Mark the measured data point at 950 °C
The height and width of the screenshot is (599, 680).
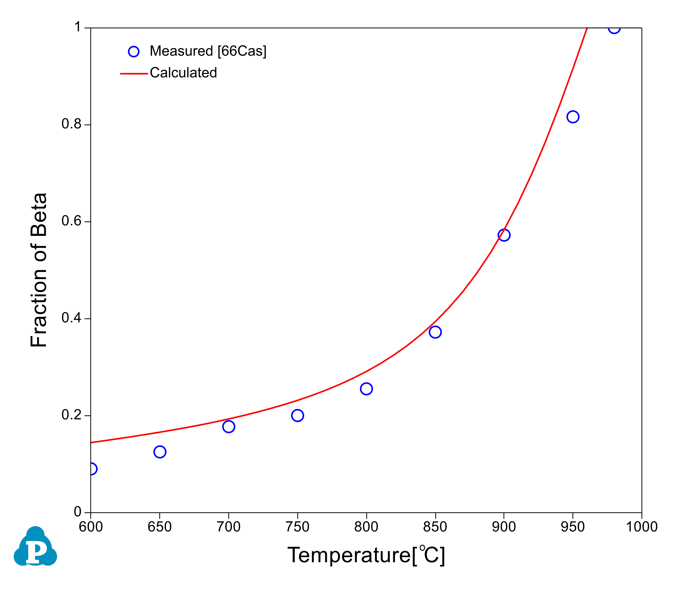coord(573,117)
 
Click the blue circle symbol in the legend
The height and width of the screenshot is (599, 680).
coord(134,52)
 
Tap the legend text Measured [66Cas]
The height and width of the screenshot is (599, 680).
coord(208,51)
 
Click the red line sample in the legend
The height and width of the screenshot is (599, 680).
coord(134,74)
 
